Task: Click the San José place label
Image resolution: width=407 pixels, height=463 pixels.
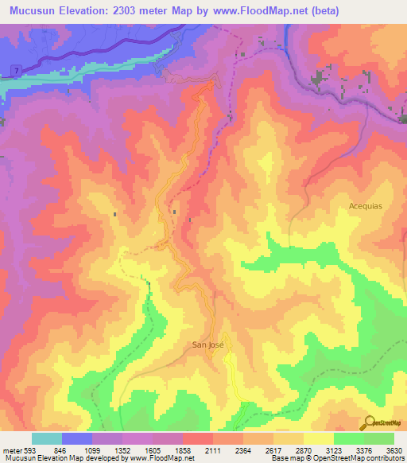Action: click(x=208, y=344)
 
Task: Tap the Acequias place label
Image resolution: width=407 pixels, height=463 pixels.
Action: click(x=366, y=205)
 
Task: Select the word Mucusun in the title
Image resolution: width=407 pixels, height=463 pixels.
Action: click(x=37, y=11)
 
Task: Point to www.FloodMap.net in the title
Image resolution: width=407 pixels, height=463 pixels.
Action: click(x=269, y=11)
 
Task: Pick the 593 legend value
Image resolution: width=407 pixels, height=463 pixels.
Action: click(x=27, y=450)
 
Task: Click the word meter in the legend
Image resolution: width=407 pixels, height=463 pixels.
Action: click(x=10, y=450)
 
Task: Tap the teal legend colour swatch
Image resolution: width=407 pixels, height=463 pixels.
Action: click(x=47, y=438)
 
